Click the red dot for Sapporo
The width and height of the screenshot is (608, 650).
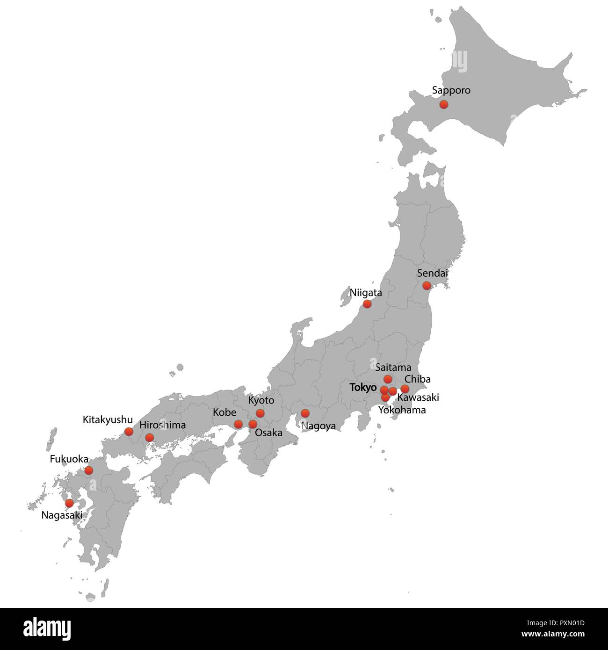[x=444, y=104]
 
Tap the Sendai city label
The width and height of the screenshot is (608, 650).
[x=432, y=273]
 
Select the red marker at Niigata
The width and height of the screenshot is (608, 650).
[x=367, y=304]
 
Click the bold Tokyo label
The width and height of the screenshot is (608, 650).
[x=363, y=388]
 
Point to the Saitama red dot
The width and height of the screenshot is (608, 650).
[x=388, y=379]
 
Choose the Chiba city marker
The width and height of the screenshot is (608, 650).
[x=405, y=389]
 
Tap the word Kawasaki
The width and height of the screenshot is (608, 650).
[x=418, y=398]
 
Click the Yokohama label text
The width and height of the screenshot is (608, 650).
[x=402, y=410]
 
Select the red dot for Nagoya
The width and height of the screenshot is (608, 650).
[x=305, y=413]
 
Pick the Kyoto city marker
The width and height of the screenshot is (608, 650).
[x=260, y=413]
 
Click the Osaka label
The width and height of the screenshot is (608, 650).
[x=268, y=433]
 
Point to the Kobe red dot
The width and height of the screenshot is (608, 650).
[x=238, y=424]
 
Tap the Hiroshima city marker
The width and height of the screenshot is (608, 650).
[x=149, y=438]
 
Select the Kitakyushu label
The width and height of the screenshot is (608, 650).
[x=108, y=419]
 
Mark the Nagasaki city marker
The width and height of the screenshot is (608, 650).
[x=69, y=503]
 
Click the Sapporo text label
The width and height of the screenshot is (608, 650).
[x=451, y=90]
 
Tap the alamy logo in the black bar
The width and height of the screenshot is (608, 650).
[x=47, y=628]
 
